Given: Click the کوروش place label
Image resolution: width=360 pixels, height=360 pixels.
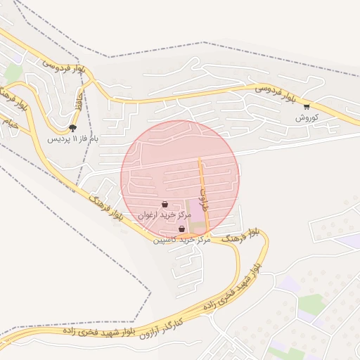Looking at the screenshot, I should [x=307, y=117].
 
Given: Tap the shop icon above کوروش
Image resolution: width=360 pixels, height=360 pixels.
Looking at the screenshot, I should [x=307, y=107].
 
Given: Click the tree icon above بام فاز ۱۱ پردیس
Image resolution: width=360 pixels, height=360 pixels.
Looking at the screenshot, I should [x=72, y=127].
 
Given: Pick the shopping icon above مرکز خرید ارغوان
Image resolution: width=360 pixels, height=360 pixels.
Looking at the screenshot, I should [x=164, y=205].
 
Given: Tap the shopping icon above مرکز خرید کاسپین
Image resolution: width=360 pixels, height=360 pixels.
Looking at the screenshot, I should [x=182, y=229].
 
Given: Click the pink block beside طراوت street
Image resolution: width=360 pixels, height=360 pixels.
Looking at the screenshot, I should [x=195, y=211].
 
